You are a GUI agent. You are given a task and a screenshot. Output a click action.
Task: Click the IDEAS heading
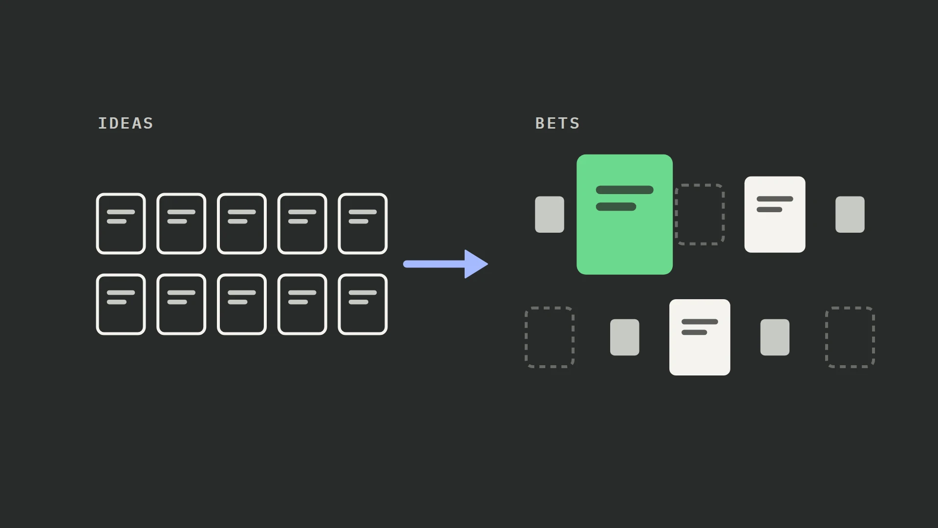(x=126, y=123)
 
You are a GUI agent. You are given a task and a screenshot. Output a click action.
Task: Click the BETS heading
(x=557, y=123)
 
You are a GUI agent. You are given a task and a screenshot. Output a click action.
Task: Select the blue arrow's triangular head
(x=475, y=264)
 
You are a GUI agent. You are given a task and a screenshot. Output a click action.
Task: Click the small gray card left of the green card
(x=550, y=215)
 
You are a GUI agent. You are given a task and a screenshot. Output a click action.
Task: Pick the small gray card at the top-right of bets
(x=850, y=215)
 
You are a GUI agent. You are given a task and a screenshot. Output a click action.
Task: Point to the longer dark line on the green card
(x=625, y=190)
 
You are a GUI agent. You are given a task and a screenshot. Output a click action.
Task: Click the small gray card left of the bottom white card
(x=625, y=337)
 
